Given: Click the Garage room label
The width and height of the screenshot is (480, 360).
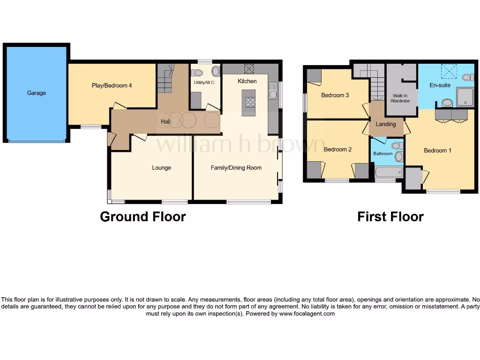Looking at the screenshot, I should click(x=37, y=93).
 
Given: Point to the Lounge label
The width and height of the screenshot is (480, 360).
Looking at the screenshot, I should click(x=161, y=168).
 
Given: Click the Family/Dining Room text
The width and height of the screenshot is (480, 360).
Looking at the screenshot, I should click(x=236, y=168).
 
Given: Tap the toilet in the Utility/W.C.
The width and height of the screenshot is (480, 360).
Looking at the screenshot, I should click(x=197, y=73).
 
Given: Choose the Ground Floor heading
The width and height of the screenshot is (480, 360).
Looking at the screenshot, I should click(x=143, y=217).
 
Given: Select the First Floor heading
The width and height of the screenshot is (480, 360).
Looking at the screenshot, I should click(x=390, y=217).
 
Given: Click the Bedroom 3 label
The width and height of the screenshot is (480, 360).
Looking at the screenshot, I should click(x=335, y=96).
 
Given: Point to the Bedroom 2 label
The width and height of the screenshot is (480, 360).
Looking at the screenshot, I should click(x=337, y=150).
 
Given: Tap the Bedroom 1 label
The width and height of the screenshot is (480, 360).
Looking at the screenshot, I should click(x=437, y=150).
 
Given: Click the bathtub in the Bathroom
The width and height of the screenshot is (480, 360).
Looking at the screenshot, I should click(x=389, y=172).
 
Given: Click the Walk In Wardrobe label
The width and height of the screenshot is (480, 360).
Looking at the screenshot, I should click(x=401, y=98).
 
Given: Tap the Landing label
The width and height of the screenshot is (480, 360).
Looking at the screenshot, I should click(x=386, y=124).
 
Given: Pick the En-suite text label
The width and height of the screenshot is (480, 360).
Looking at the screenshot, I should click(x=440, y=85).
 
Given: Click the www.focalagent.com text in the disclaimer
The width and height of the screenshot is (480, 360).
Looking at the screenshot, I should click(x=307, y=314).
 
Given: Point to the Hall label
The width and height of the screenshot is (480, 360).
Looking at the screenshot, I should click(x=165, y=122).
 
